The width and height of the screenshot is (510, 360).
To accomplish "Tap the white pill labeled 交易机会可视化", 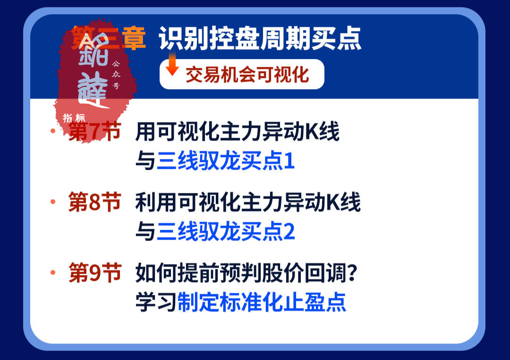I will coord(242,75).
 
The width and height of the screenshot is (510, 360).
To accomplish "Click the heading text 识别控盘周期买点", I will coord(260,39).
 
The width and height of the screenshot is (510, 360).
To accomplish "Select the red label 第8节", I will coord(94,203).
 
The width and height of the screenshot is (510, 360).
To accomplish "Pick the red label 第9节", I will coord(95,273).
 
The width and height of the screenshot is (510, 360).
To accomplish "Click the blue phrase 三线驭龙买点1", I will coord(226,161).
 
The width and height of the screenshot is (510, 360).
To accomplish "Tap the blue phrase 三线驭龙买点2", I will coord(226,232).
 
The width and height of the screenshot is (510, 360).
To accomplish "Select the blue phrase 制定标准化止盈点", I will coord(262,302).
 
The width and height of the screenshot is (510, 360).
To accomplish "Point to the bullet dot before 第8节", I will coord(53,202).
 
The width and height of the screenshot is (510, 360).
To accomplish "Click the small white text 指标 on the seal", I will coord(74,118).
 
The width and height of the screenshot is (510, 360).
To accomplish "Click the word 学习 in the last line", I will coord(156,302).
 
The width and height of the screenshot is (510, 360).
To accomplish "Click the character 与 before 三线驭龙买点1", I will coord(145,161).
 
